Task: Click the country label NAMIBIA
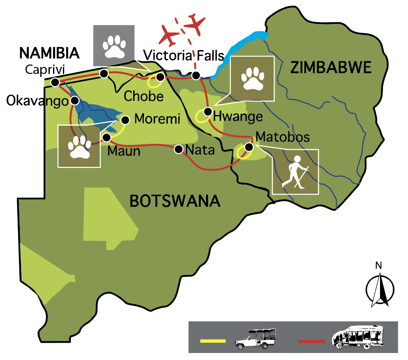49,53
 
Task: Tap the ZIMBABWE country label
331,67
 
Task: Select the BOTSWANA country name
175,201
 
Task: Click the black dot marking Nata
178,149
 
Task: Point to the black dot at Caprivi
55,83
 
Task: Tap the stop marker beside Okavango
75,100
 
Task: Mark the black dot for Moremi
126,120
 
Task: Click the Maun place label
124,151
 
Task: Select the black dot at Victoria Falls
196,76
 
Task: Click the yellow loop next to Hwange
202,117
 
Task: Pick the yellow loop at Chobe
155,82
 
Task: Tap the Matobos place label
282,136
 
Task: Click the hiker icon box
295,171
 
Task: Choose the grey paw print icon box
114,45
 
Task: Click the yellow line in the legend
213,340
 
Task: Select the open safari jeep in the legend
255,339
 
